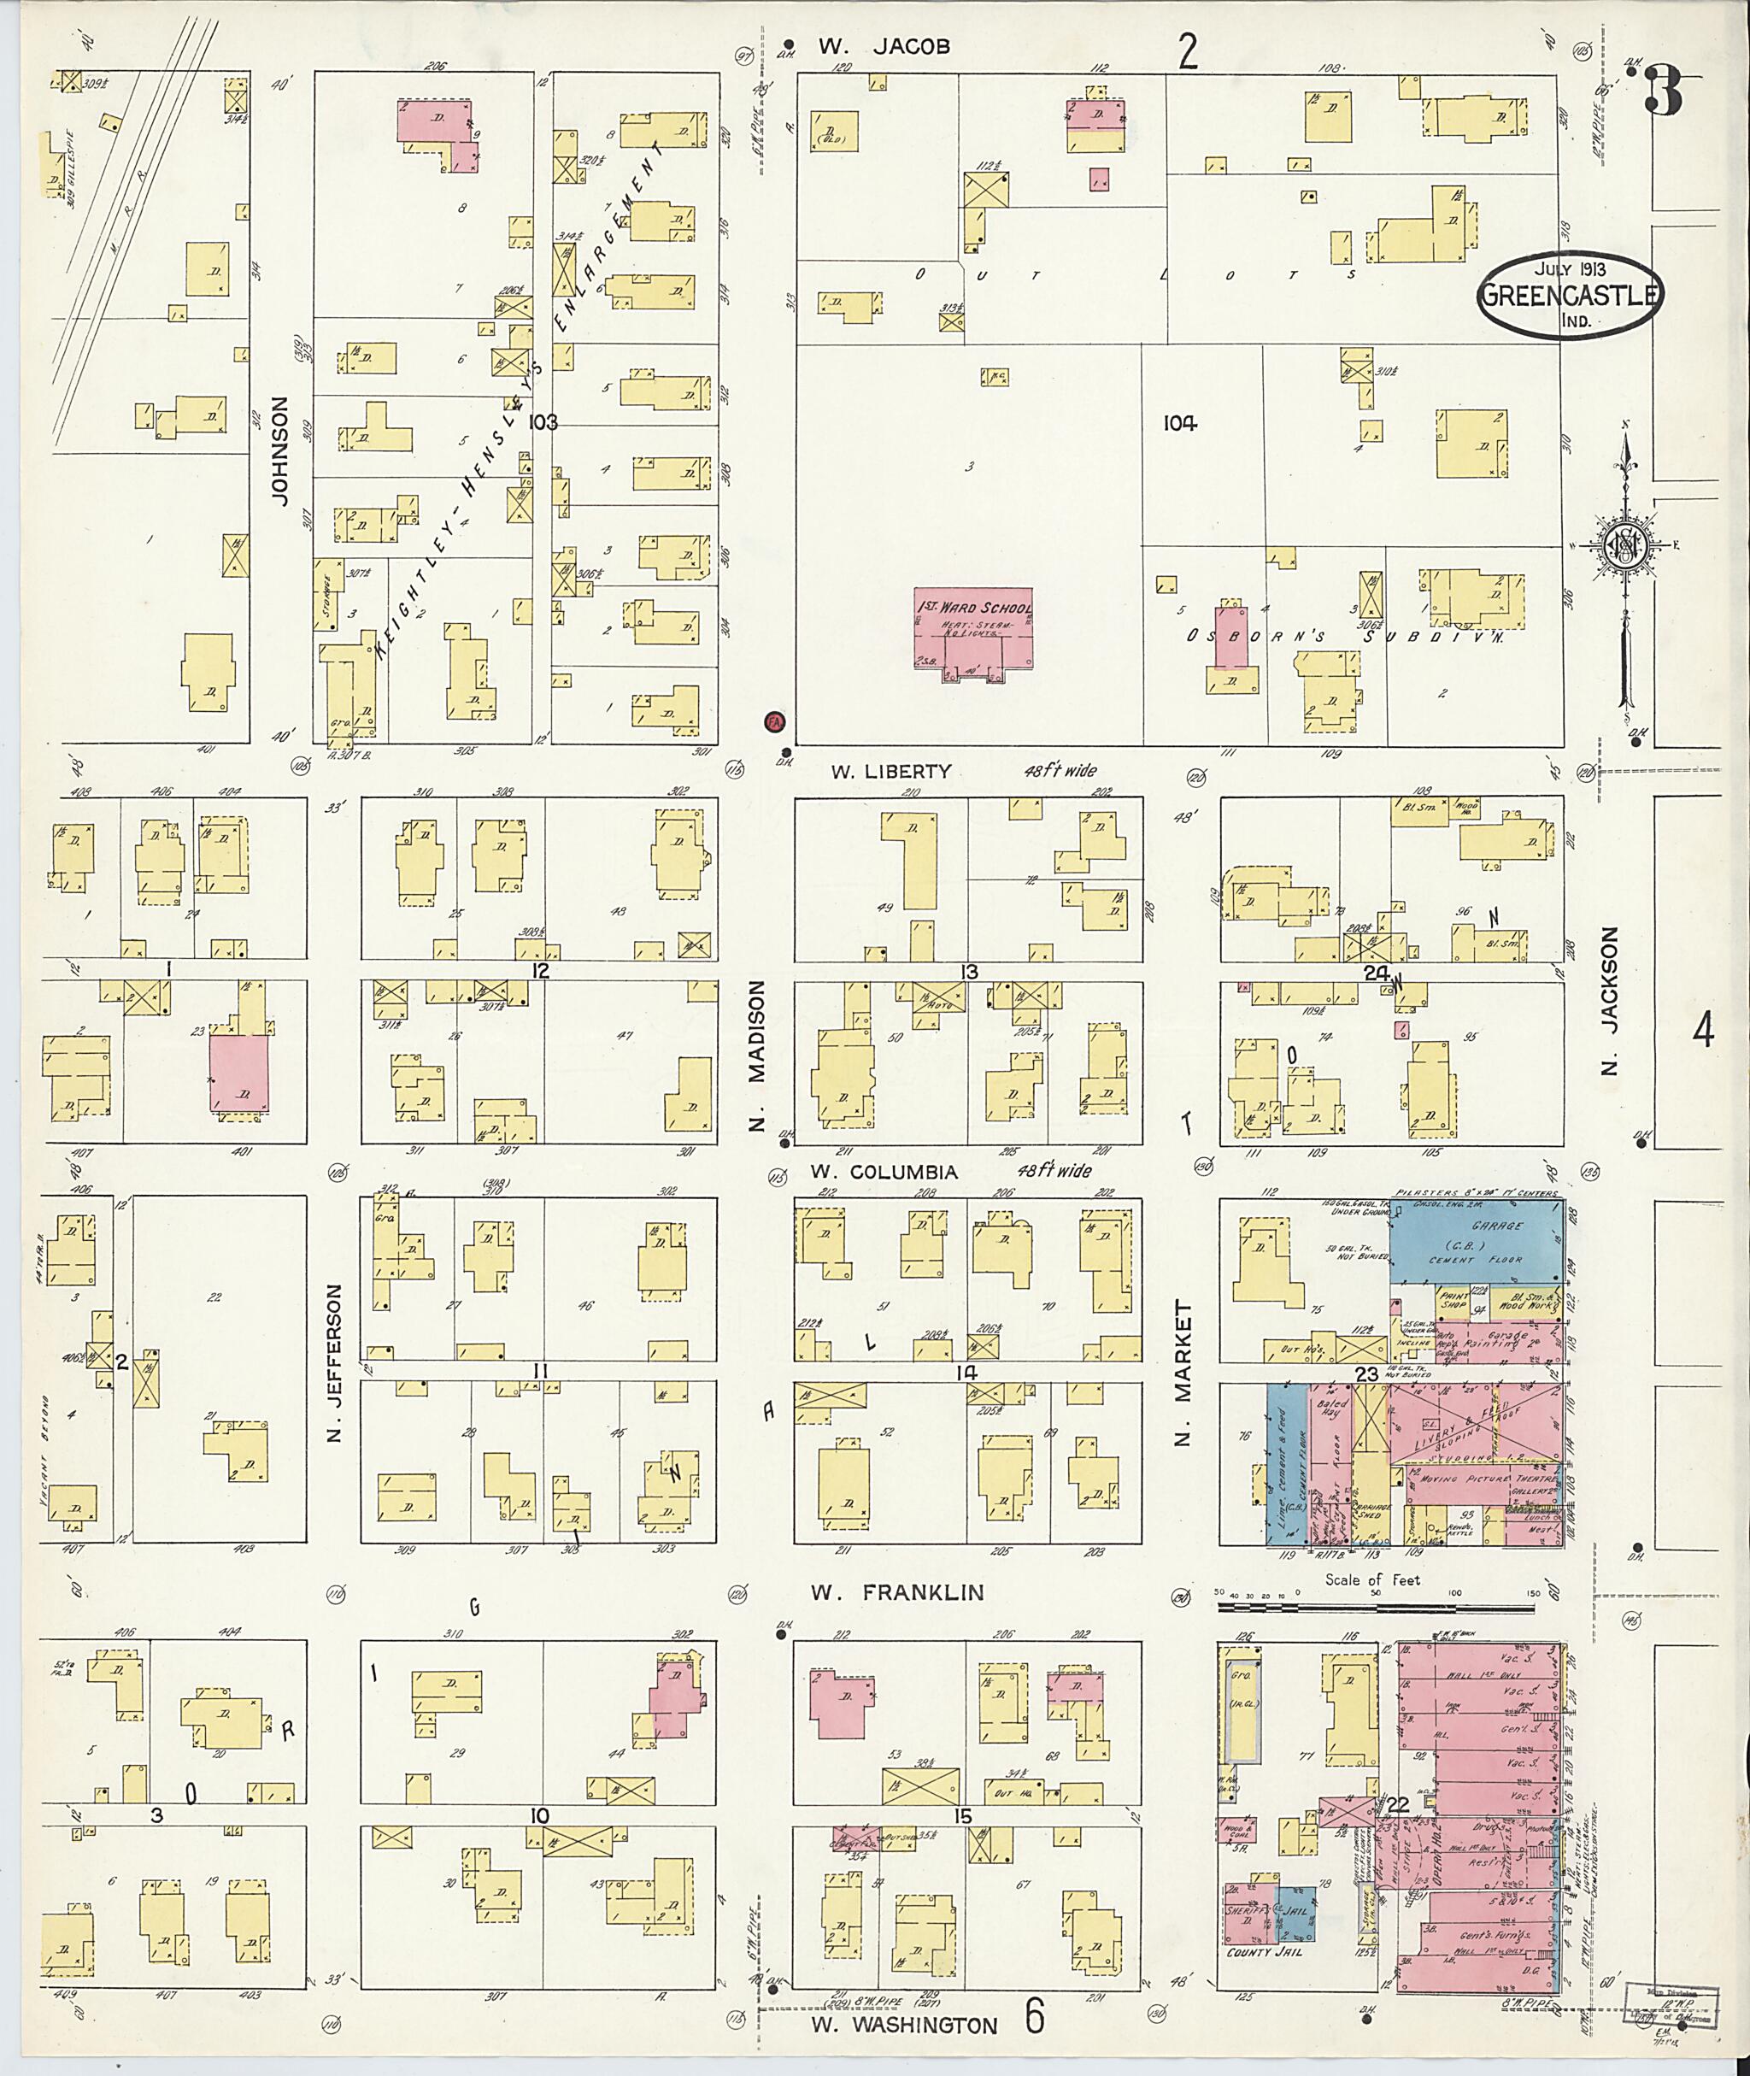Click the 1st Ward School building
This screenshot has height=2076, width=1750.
[972, 635]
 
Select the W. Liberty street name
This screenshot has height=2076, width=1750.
[891, 771]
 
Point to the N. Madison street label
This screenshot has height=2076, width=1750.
[758, 1055]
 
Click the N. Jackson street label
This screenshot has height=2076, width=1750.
[1609, 1002]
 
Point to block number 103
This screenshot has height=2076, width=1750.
[543, 421]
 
